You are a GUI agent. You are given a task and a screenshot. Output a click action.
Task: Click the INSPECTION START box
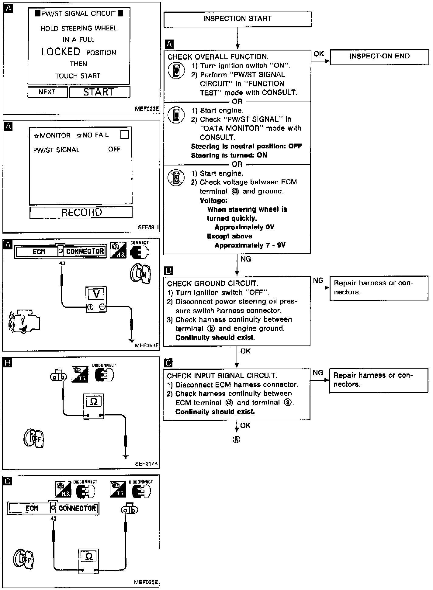point(237,19)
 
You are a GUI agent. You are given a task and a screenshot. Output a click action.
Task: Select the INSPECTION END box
point(379,57)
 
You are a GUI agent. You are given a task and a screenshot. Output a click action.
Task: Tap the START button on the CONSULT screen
point(99,92)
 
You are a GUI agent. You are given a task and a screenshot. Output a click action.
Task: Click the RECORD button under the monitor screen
point(81,212)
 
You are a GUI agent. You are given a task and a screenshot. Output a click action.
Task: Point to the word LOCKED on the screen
point(61,52)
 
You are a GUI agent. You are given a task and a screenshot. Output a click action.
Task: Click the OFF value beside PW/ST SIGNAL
point(114,149)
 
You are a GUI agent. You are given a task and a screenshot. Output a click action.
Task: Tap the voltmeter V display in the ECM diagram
point(96,294)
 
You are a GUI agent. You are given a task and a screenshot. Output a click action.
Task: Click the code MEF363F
point(147,345)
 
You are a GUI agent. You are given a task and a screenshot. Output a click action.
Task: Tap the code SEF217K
point(147,464)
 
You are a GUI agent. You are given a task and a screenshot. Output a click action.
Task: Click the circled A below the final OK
point(236,439)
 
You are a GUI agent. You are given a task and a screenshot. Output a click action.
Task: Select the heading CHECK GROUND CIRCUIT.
point(213,284)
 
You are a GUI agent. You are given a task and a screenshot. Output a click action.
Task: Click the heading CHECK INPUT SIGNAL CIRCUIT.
point(222,376)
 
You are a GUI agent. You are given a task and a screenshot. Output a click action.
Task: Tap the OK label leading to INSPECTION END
point(319,54)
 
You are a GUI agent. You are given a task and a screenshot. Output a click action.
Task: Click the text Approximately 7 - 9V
point(250,245)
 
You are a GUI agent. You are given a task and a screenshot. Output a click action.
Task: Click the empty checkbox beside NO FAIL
point(125,134)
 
